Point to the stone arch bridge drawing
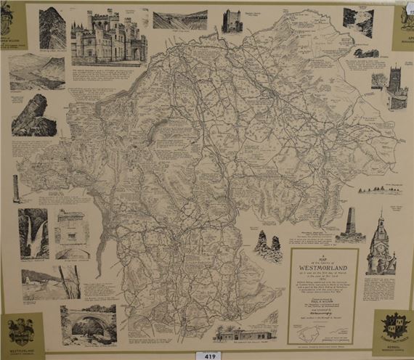pos(88,324)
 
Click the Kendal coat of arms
pos(393,330)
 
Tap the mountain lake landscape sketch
pos(37,71)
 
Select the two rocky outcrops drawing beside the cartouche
pos(269,247)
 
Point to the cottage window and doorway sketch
pos(71,234)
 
